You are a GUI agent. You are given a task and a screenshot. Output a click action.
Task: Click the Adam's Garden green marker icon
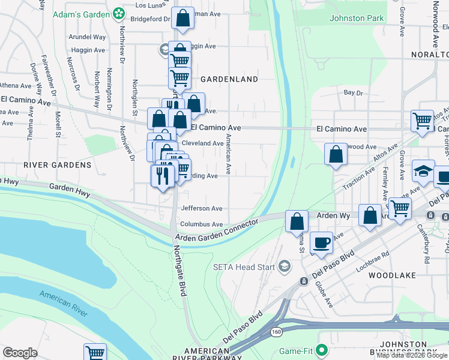coord(119,13)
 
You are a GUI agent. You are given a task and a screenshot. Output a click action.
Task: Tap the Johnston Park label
coord(357,18)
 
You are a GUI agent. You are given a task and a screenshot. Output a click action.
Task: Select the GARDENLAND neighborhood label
coord(229,79)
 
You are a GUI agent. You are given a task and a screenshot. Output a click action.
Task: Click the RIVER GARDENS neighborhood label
coord(58,164)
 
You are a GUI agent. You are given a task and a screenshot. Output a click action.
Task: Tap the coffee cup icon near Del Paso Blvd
coord(322,242)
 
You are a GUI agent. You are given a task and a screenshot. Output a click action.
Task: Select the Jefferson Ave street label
coord(202,208)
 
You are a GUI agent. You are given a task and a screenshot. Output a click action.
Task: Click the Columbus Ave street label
coord(202,224)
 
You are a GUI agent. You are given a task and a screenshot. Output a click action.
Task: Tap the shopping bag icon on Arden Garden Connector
coord(297,221)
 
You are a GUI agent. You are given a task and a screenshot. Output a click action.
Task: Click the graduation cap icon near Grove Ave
coord(423,171)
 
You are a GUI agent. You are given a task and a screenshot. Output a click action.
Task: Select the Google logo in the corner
coord(20,353)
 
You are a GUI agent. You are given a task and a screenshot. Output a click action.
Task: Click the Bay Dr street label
coord(354,93)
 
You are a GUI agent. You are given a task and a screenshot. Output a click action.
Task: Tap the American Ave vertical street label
coord(229,155)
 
